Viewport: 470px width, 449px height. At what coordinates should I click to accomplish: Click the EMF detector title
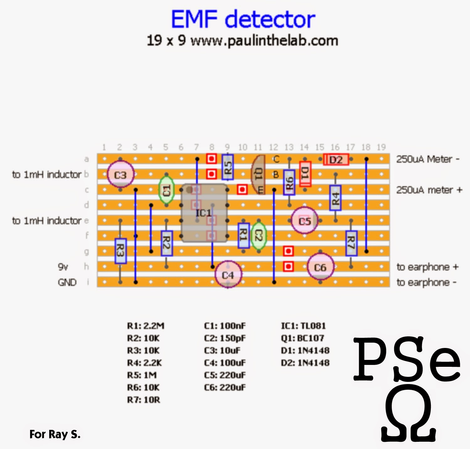click(243, 19)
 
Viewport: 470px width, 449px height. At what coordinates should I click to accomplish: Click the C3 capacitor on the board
click(120, 174)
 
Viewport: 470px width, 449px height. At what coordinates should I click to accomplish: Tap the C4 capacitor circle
click(228, 275)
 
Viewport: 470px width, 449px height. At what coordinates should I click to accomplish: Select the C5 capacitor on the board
click(304, 221)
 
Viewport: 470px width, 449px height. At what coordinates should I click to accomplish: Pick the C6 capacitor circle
click(320, 267)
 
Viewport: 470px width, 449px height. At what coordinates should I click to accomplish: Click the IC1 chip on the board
click(204, 213)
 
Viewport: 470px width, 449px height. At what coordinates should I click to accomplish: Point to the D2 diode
click(336, 160)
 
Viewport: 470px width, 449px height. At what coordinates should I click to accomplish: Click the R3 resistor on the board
click(120, 251)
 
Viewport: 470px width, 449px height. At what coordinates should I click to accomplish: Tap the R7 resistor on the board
click(351, 243)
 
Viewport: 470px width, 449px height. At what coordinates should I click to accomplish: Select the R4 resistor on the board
click(335, 198)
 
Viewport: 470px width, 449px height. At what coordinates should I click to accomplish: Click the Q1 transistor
click(258, 174)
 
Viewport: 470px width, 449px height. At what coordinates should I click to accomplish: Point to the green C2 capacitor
click(258, 236)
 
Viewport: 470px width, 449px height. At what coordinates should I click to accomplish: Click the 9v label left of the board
click(63, 267)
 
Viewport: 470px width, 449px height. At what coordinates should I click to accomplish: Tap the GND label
click(67, 282)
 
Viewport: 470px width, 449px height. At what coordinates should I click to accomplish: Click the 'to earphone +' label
click(427, 267)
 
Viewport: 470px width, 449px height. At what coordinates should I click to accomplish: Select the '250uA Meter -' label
click(428, 159)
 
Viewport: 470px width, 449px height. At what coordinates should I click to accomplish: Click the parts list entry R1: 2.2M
click(145, 326)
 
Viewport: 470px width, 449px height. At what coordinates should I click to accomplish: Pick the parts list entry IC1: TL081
click(303, 326)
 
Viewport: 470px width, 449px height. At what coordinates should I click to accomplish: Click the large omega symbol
click(408, 416)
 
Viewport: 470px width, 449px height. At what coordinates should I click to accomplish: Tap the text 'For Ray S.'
click(55, 434)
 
